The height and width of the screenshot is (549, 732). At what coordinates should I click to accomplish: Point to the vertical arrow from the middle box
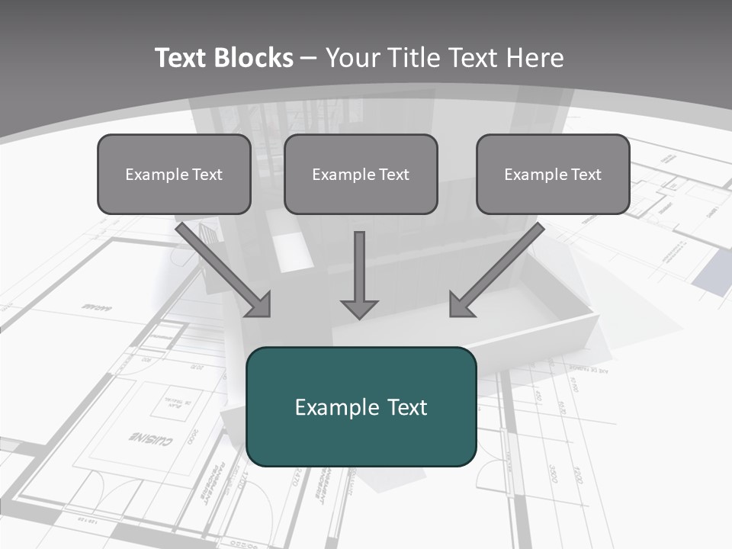359,267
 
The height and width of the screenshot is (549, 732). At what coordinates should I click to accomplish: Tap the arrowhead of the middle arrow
359,309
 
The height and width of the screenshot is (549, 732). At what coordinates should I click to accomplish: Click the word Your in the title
352,58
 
